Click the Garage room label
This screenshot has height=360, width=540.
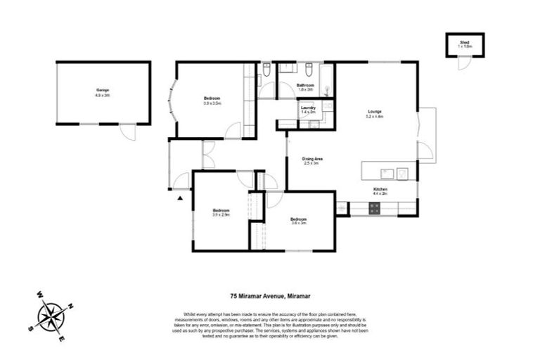coord(103,90)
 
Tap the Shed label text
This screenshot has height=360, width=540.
coord(464,42)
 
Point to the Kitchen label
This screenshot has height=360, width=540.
coord(380,189)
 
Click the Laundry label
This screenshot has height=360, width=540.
coord(308,108)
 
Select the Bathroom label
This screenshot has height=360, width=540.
coord(304,86)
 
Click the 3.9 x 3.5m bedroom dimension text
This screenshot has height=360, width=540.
coord(212,103)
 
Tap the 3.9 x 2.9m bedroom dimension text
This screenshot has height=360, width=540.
coord(221,214)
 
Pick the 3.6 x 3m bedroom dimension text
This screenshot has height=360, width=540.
coord(300,224)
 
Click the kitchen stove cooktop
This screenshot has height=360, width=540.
coord(375,207)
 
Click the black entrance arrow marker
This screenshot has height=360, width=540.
coord(181,199)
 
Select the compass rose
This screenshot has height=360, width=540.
coord(51,316)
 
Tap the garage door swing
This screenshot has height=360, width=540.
coord(126,132)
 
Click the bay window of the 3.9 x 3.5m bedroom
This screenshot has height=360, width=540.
coord(169,101)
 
